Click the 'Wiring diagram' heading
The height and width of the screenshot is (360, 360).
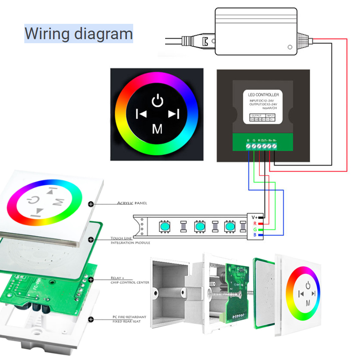[79, 34]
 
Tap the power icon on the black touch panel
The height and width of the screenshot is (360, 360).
[157, 100]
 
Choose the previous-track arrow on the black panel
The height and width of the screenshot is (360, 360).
[141, 114]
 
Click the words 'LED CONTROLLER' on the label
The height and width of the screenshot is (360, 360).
[263, 94]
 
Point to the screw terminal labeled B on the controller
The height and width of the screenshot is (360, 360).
[248, 147]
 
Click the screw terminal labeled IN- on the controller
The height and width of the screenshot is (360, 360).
[274, 147]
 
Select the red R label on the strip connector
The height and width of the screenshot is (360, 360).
[255, 223]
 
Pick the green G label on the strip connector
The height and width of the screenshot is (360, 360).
[255, 229]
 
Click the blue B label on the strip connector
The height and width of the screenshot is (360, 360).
[255, 235]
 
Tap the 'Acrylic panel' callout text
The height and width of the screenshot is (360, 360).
[132, 203]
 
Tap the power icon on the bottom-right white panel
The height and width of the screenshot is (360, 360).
[308, 285]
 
